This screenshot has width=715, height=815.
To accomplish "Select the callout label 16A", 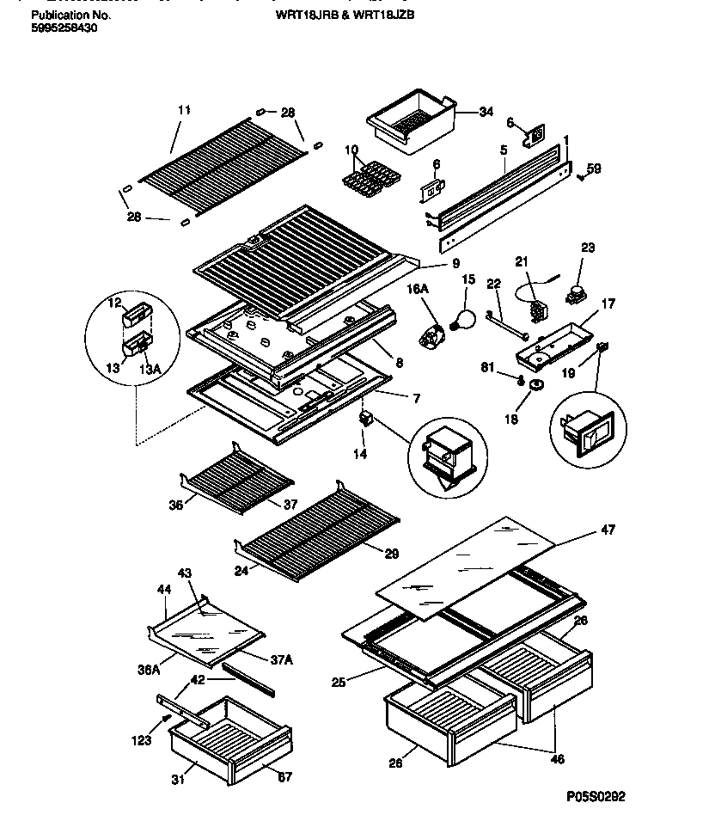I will [x=419, y=291].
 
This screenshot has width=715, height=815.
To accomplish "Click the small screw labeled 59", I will [x=581, y=177].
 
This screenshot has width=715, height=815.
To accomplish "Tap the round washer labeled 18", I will [x=537, y=384].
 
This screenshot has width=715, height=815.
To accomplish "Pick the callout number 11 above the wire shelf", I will [x=184, y=110].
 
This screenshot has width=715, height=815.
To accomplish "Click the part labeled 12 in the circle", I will [x=134, y=318].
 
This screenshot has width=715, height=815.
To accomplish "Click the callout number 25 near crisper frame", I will [x=339, y=683].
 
